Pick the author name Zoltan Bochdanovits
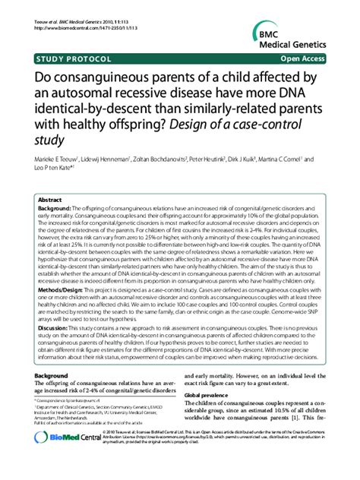[164, 159]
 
